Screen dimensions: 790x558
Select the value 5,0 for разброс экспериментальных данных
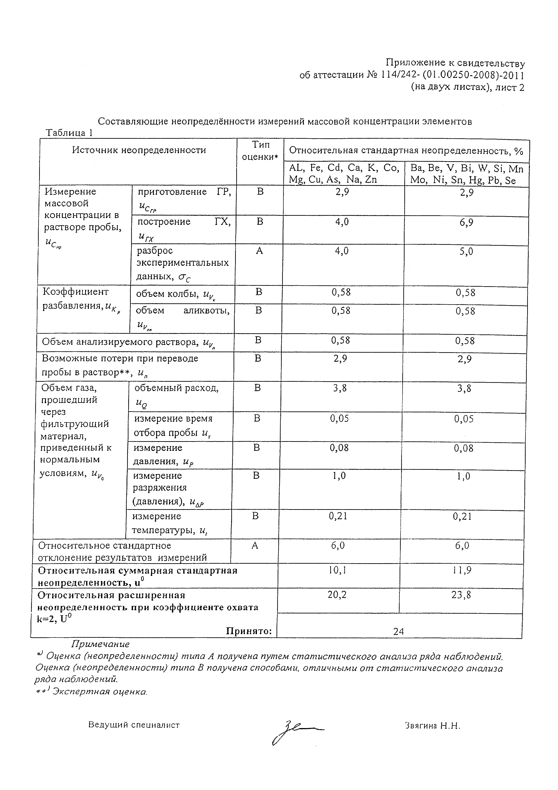point(466,252)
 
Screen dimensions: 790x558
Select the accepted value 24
point(398,631)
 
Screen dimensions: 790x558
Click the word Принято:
point(249,631)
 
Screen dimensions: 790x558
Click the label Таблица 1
point(69,133)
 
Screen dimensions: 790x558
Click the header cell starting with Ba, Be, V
point(467,175)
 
